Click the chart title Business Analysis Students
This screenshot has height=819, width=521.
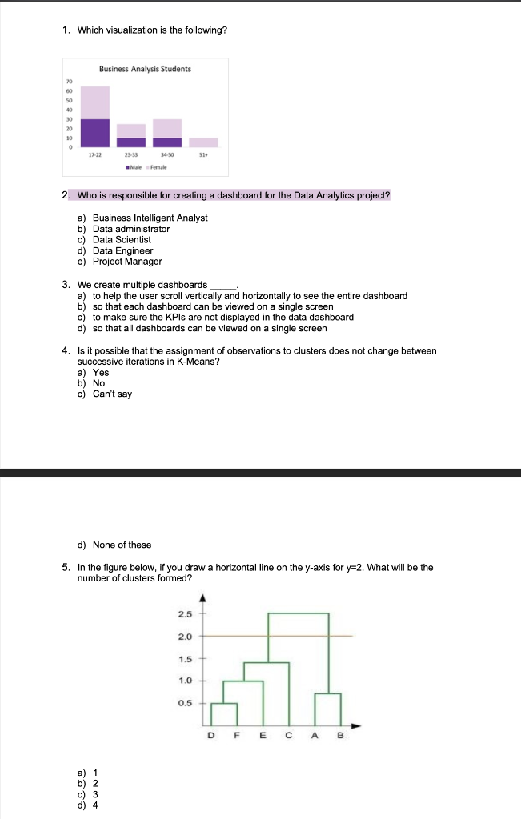click(x=145, y=69)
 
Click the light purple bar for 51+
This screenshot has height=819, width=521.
click(x=203, y=142)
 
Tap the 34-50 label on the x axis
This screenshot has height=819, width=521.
click(x=167, y=154)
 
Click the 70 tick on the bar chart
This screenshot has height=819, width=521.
click(x=70, y=82)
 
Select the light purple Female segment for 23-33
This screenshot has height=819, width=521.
click(x=131, y=130)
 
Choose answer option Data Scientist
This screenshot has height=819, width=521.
click(x=122, y=239)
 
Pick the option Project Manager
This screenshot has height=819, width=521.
click(x=127, y=262)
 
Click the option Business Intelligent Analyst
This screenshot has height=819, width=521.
click(x=150, y=218)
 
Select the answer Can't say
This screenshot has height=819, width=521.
click(x=112, y=394)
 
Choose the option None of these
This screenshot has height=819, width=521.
click(x=122, y=545)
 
